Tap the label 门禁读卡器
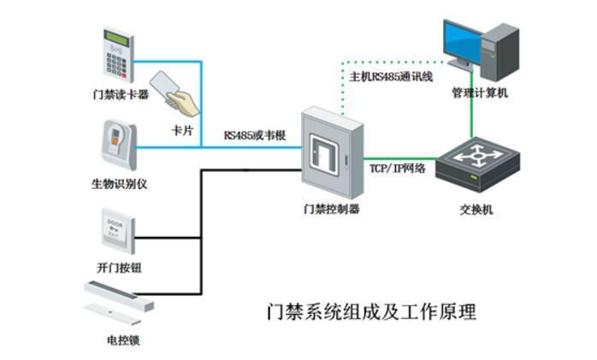pyautogui.click(x=120, y=93)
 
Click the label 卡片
pyautogui.click(x=182, y=129)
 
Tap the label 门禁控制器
pyautogui.click(x=331, y=209)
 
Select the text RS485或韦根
pyautogui.click(x=254, y=135)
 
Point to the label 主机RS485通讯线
pyautogui.click(x=391, y=77)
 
